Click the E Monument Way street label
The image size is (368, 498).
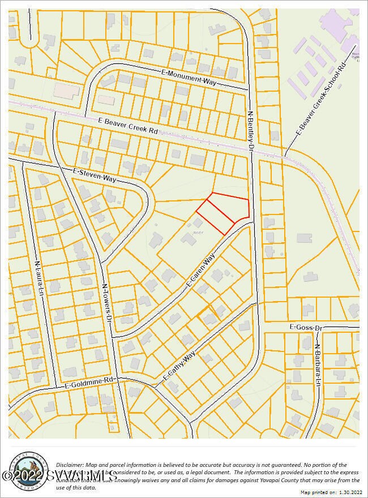pos(189,78)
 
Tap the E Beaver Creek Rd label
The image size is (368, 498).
pos(128,126)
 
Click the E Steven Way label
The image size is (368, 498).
pos(95,174)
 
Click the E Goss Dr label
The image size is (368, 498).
pos(305,327)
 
